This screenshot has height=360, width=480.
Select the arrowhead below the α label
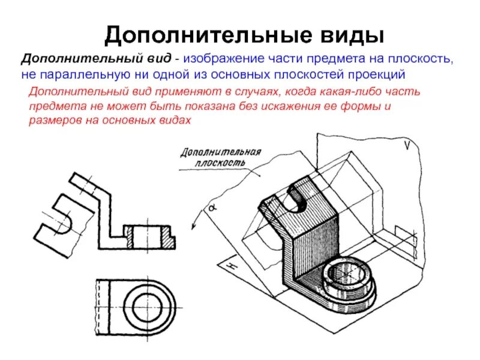click(x=194, y=227)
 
